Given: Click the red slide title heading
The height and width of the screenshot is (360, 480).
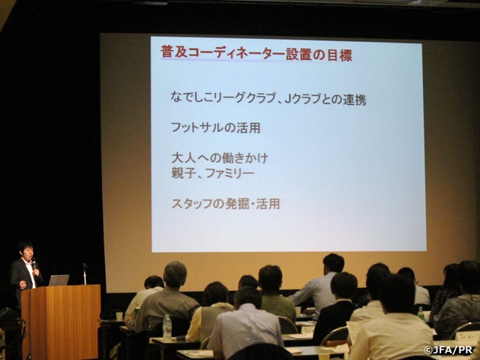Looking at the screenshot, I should [x=256, y=55].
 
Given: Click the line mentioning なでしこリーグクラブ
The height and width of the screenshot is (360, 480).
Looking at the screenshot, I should [x=268, y=99].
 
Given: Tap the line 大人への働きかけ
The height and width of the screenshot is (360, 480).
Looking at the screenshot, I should [x=220, y=159].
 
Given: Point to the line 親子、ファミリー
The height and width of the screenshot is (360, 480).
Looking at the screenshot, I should [x=213, y=174].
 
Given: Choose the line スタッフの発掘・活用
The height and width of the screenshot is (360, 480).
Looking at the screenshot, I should [x=225, y=203].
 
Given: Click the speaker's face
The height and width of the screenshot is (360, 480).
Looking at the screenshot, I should [x=26, y=251].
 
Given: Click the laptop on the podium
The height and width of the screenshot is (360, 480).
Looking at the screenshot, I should [x=58, y=280].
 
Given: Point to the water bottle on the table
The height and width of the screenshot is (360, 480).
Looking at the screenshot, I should [x=167, y=326].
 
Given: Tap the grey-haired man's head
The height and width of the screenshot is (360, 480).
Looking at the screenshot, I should [x=175, y=274].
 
